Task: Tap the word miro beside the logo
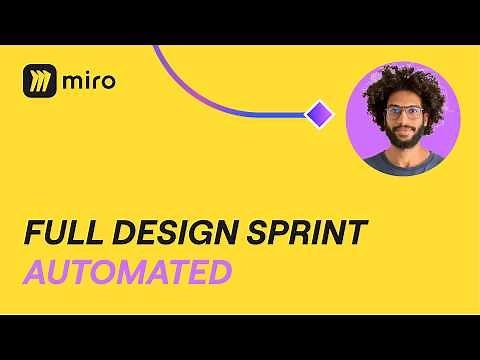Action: pyautogui.click(x=88, y=81)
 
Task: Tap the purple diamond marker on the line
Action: pyautogui.click(x=319, y=114)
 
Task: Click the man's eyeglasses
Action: pyautogui.click(x=404, y=112)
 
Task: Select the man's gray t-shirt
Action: pyautogui.click(x=403, y=163)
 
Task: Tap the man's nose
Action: pyautogui.click(x=404, y=119)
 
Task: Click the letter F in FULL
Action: pyautogui.click(x=31, y=234)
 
